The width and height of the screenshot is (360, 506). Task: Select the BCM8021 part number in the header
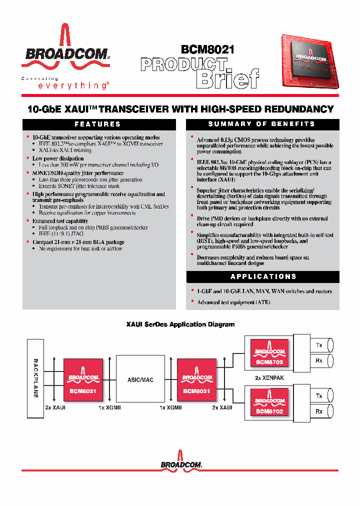(x=207, y=50)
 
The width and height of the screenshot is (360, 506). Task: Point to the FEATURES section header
(x=98, y=124)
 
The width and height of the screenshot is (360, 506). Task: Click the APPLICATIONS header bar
(x=263, y=276)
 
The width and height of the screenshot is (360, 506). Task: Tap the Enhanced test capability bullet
(x=60, y=221)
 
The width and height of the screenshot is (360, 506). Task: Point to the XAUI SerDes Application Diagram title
(x=180, y=324)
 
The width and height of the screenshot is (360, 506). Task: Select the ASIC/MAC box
(x=140, y=379)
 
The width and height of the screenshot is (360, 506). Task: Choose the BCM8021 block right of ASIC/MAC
(x=196, y=379)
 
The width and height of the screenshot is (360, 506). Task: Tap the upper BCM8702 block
(x=269, y=352)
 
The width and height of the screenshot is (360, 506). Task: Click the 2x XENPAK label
(x=269, y=378)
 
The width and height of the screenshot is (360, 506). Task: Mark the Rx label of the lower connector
(x=318, y=411)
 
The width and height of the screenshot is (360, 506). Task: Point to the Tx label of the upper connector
(x=318, y=345)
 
